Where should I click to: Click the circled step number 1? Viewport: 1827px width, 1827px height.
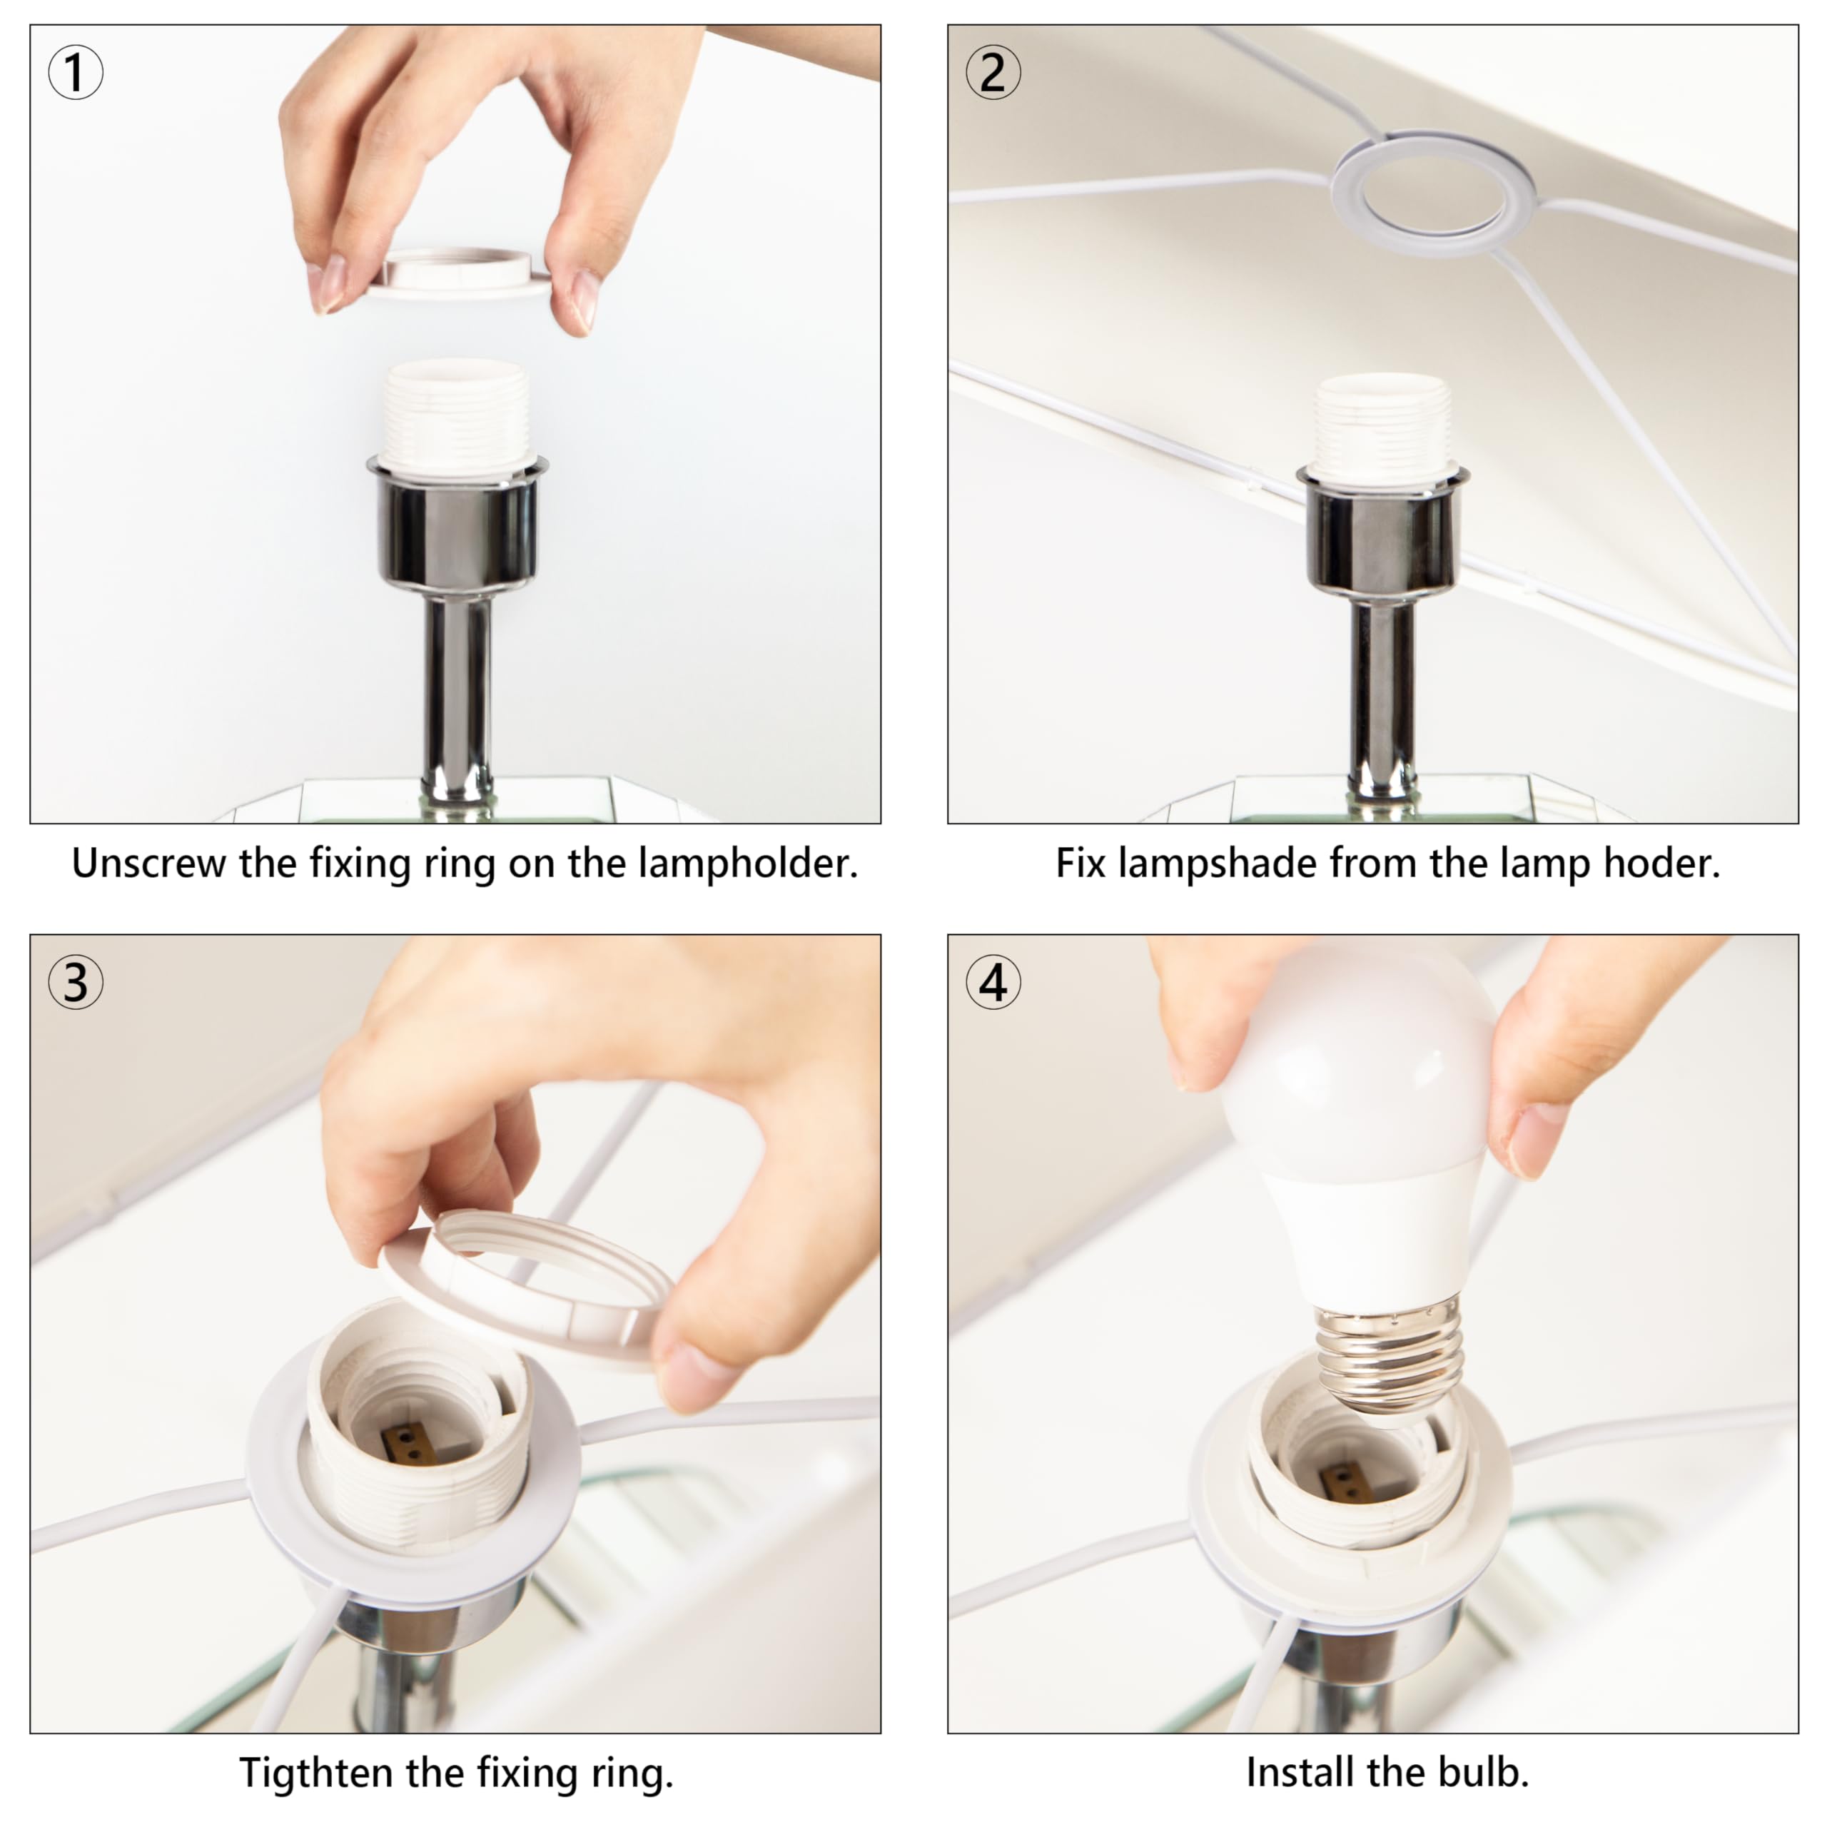coord(76,73)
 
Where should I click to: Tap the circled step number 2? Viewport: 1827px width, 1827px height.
coord(993,73)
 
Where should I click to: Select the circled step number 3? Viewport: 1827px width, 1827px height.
coord(76,983)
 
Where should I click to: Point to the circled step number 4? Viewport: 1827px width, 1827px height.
coord(993,983)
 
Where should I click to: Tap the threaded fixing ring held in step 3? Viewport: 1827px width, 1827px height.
coord(527,1291)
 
